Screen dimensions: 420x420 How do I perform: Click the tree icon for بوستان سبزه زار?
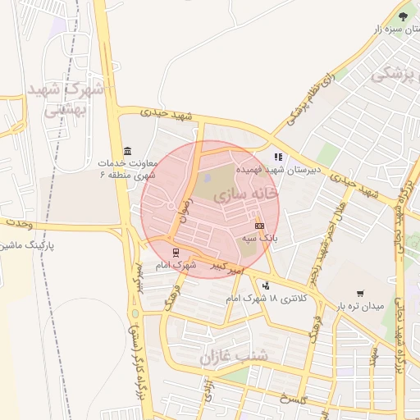[x=402, y=16]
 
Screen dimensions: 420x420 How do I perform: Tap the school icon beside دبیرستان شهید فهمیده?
[x=279, y=156]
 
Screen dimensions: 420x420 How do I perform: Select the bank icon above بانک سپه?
[x=259, y=225]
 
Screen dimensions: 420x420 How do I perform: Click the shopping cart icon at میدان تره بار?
[x=360, y=293]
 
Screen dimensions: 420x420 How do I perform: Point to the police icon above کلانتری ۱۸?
[x=265, y=285]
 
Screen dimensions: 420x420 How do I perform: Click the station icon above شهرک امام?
[x=175, y=252]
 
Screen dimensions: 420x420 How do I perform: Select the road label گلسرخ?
[x=291, y=399]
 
